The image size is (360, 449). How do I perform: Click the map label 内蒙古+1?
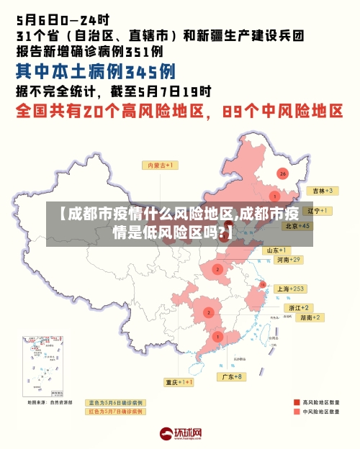[162, 165]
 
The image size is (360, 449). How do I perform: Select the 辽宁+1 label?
[317, 211]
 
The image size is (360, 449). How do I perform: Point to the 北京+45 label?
[297, 225]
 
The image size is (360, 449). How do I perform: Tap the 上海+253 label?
[291, 289]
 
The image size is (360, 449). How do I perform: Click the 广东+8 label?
[233, 376]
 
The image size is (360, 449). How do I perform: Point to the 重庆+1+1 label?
[179, 382]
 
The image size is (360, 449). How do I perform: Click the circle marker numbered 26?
[282, 174]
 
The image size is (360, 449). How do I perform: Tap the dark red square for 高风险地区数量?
[297, 402]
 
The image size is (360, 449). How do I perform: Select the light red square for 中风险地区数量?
[297, 412]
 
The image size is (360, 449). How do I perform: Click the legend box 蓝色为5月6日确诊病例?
[115, 402]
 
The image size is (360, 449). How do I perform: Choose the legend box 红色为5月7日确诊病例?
[115, 412]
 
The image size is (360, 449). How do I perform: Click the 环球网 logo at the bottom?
[180, 433]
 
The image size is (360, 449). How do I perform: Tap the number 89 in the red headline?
[235, 112]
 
